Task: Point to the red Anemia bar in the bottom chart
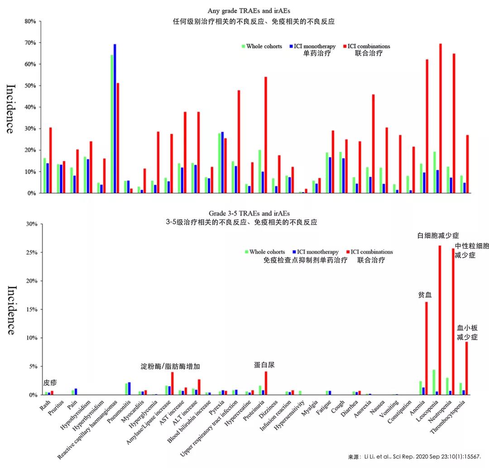coord(427,348)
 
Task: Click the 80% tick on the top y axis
coord(30,21)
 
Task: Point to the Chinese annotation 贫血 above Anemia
coord(425,295)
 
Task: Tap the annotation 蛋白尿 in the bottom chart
coord(264,365)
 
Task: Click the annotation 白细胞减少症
coord(438,236)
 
